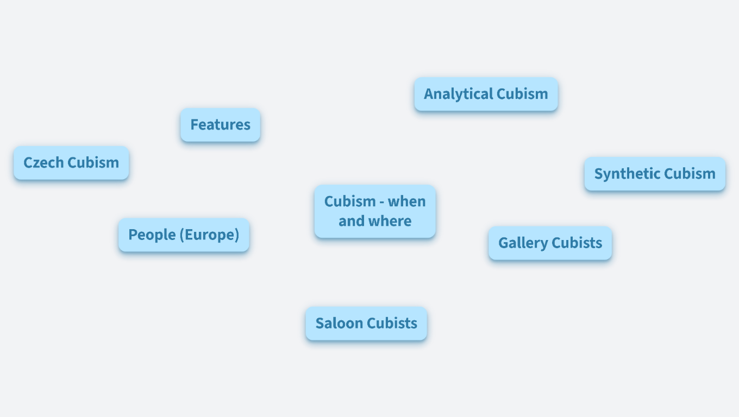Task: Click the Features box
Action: pos(221,125)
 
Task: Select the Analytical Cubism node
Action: pos(486,94)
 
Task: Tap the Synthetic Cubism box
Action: pos(655,174)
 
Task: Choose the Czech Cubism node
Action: pos(71,163)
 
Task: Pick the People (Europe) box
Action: pos(184,235)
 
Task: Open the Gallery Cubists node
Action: pos(550,243)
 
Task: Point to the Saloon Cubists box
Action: pos(366,324)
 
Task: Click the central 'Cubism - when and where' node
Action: pos(375,211)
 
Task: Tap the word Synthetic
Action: pos(627,174)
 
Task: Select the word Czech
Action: pos(43,163)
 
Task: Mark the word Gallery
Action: pos(523,243)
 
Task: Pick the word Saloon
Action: pos(339,324)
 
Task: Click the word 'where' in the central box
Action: pos(390,221)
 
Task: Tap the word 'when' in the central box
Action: pos(406,201)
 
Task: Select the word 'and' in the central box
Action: pos(352,221)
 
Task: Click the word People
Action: pos(152,235)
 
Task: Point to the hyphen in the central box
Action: pos(381,203)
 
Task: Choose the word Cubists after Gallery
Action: pos(577,243)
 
